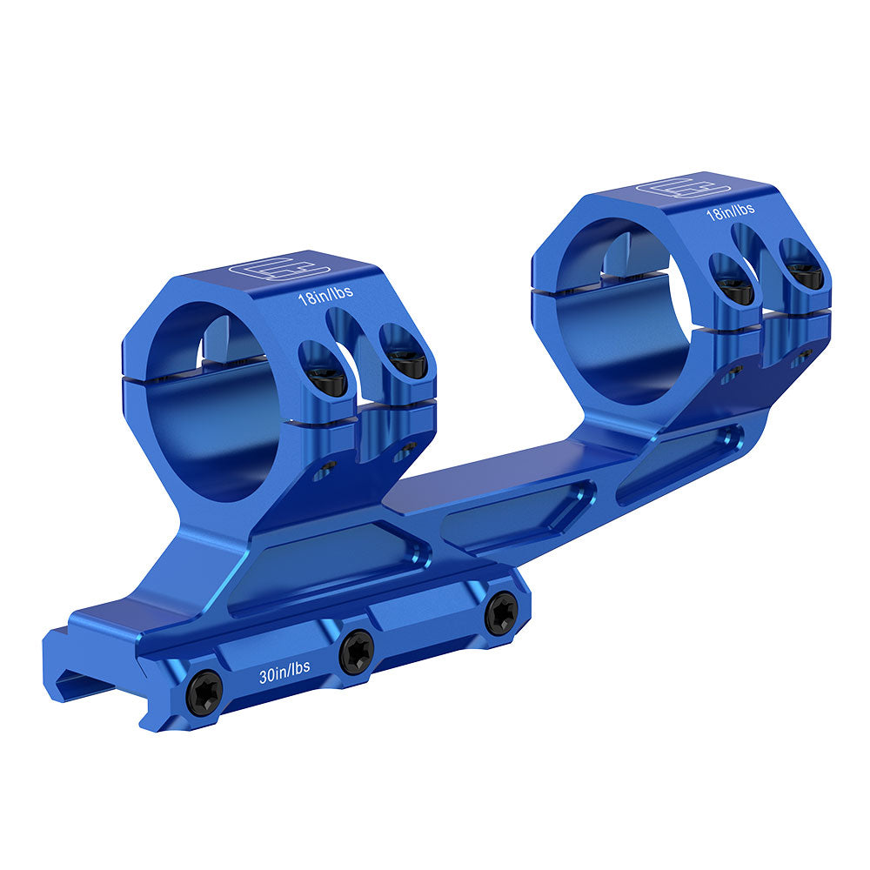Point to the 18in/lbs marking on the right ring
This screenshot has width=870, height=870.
(x=730, y=211)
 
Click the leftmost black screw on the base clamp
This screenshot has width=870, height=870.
(x=205, y=689)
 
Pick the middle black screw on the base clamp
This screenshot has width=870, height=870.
(x=357, y=650)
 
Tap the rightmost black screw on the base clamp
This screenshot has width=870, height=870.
(x=501, y=612)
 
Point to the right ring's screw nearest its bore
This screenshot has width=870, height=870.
(x=736, y=290)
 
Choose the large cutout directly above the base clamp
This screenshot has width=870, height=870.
(x=322, y=566)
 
